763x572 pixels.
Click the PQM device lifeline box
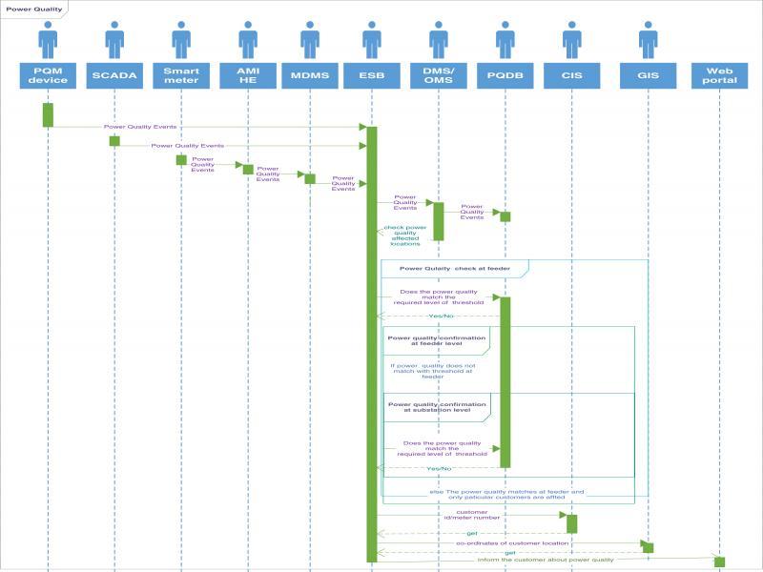48,75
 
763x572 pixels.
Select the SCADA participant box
114,75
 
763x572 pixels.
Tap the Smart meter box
181,75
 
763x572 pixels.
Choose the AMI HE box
248,75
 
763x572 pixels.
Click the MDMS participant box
310,75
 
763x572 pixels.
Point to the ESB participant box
372,75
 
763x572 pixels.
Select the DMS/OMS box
439,75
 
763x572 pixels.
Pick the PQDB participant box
505,75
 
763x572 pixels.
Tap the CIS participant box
572,75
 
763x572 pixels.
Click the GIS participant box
649,75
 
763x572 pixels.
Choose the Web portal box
720,75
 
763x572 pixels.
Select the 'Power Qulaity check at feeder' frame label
454,269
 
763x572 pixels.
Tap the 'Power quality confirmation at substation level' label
437,407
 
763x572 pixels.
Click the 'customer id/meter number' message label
465,516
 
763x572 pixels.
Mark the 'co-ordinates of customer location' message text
512,542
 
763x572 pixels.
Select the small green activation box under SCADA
114,141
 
